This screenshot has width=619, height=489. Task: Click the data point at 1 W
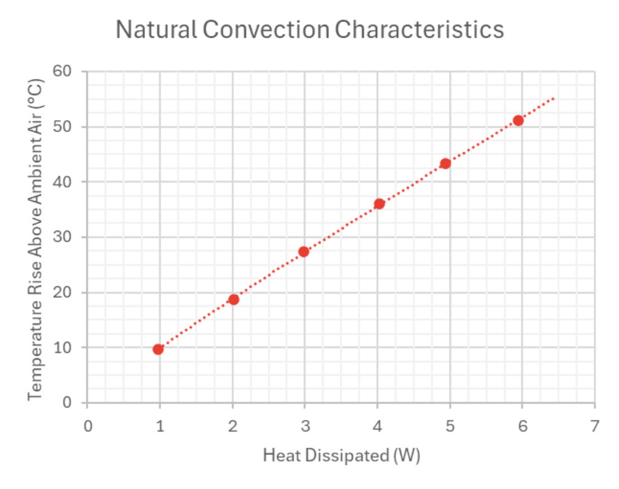[159, 349]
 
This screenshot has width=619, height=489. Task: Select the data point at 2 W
[233, 299]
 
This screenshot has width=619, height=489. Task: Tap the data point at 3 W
[303, 252]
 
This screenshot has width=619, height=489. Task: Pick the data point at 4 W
[379, 203]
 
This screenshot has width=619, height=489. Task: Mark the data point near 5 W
[445, 163]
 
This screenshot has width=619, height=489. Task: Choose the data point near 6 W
[518, 120]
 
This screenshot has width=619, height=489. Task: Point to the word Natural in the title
[156, 29]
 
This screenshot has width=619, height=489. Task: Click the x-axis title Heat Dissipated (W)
[341, 456]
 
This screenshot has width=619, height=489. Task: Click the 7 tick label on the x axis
[594, 426]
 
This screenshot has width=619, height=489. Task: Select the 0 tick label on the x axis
[88, 426]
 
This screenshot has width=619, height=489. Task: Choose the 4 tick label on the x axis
[378, 426]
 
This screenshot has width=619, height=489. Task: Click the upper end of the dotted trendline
[555, 97]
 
